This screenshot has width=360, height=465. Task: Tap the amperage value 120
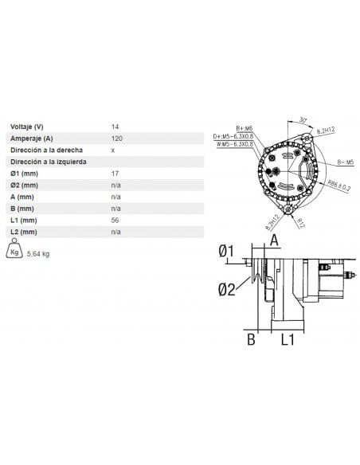(x=116, y=138)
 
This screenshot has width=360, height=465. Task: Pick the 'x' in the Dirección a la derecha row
(x=113, y=150)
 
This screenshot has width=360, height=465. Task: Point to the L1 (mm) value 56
(x=115, y=220)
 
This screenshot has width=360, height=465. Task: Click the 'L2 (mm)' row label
(x=23, y=232)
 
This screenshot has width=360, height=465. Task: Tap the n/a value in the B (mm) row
(x=116, y=208)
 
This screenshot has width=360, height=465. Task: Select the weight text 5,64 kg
(x=38, y=255)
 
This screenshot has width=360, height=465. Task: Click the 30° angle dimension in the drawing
(x=303, y=120)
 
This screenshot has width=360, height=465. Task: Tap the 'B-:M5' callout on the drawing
(x=344, y=162)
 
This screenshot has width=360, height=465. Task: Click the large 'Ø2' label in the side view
(x=227, y=289)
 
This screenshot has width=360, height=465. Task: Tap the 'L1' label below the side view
(x=288, y=340)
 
